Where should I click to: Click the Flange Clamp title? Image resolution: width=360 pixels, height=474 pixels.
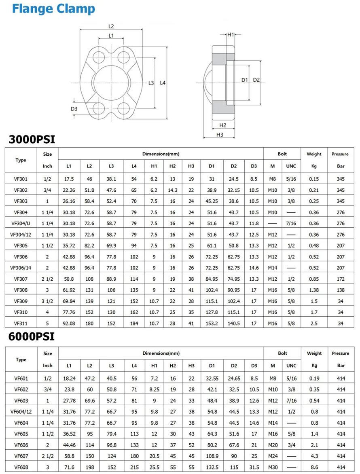[x=53, y=9]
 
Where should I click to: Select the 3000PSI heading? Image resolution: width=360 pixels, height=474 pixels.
[x=32, y=140]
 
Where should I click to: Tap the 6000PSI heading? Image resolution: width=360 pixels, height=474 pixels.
[x=32, y=336]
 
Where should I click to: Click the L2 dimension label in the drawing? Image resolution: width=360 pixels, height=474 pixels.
[x=111, y=27]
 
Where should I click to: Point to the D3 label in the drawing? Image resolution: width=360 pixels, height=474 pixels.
[x=74, y=109]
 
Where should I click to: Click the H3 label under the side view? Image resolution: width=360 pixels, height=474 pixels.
[x=220, y=135]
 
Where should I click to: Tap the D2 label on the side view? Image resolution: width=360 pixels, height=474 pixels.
[x=256, y=80]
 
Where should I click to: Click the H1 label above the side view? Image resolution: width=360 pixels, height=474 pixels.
[x=231, y=35]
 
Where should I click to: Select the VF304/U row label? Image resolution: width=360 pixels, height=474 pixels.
[x=21, y=223]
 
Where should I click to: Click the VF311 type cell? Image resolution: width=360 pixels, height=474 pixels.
[x=21, y=324]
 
